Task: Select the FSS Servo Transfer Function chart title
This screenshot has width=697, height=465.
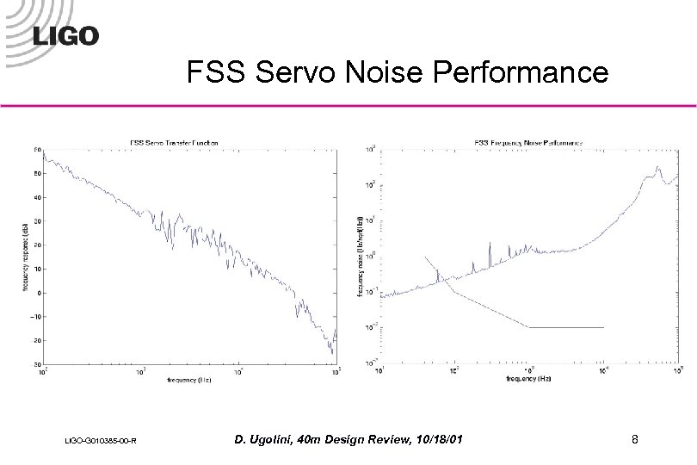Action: point(173,141)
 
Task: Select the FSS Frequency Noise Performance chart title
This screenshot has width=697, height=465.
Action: point(527,141)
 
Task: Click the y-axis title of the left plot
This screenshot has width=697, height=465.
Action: point(25,257)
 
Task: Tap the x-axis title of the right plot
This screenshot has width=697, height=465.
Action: point(527,379)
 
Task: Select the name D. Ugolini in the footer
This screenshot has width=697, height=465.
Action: point(268,441)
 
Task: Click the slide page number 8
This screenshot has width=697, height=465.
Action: point(634,441)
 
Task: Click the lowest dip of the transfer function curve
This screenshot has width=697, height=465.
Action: point(332,353)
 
